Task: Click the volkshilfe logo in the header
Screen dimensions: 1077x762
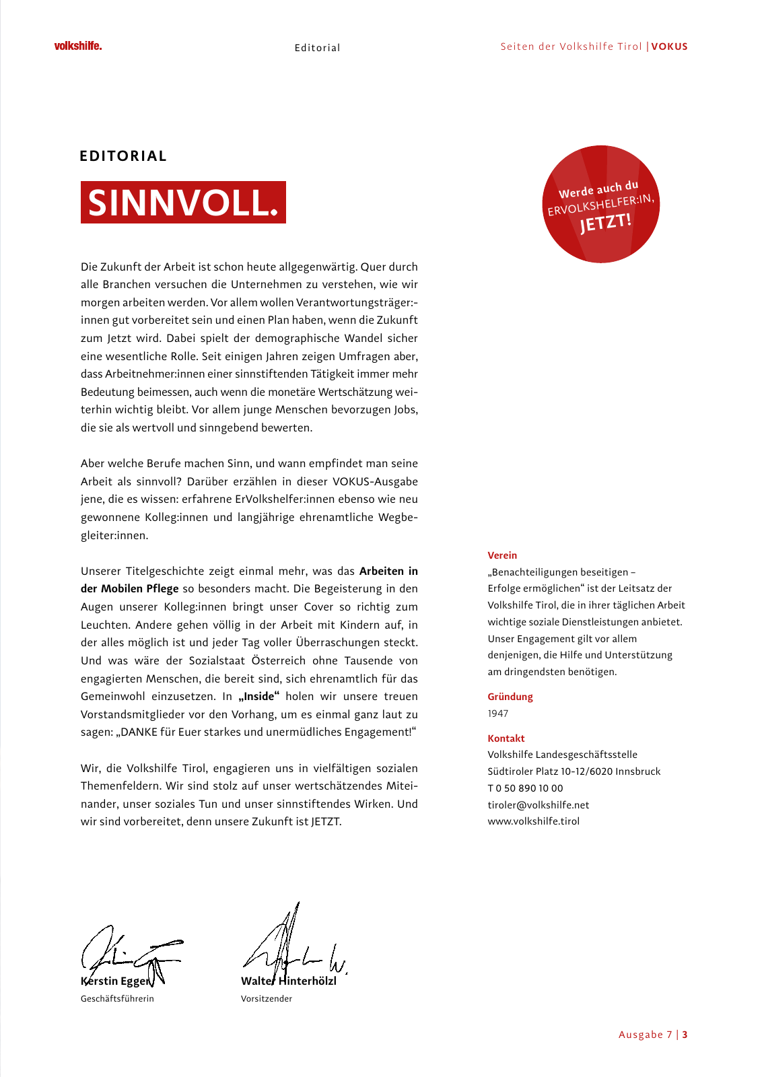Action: [78, 46]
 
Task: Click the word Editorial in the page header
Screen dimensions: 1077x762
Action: [317, 48]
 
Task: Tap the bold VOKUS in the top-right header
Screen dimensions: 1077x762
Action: [669, 46]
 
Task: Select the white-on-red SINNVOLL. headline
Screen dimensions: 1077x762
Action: [183, 203]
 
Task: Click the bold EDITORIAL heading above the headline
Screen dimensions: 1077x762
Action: [123, 156]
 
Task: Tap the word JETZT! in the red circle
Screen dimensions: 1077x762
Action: [606, 221]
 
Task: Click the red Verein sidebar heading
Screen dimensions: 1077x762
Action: [502, 555]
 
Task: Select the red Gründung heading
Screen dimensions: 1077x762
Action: [510, 697]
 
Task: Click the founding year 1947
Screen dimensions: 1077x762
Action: [498, 714]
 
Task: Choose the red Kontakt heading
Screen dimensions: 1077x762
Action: [506, 738]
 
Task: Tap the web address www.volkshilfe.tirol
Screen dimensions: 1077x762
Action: [533, 821]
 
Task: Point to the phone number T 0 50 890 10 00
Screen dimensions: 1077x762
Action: [525, 788]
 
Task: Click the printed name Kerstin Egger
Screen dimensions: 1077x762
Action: [116, 981]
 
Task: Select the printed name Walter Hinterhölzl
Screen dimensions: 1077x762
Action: [288, 981]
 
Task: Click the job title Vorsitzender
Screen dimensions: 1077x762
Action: [266, 999]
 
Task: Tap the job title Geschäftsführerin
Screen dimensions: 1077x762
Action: [117, 999]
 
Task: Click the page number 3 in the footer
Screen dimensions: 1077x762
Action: [685, 1035]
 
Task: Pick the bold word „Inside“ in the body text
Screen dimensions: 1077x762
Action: [258, 697]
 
